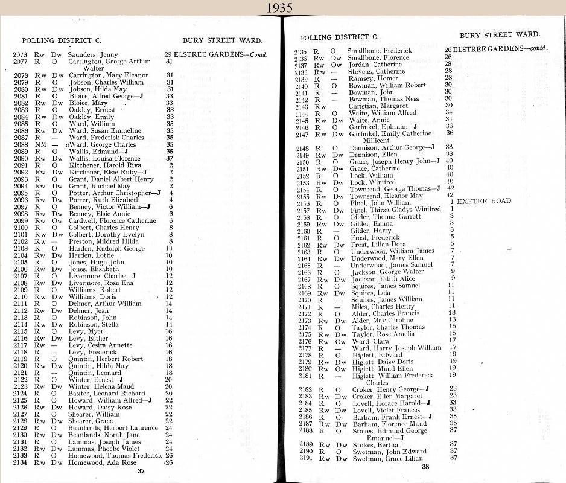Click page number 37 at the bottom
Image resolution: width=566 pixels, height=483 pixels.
click(x=141, y=471)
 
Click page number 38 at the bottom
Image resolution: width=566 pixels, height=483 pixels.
click(x=425, y=467)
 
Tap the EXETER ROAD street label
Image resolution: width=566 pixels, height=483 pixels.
click(x=484, y=201)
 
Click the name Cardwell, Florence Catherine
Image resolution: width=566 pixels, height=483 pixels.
click(x=113, y=221)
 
